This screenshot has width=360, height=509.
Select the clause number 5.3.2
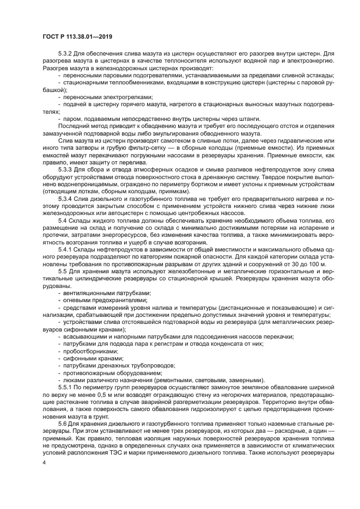[x=66, y=54]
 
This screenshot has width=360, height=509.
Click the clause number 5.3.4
[x=66, y=199]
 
